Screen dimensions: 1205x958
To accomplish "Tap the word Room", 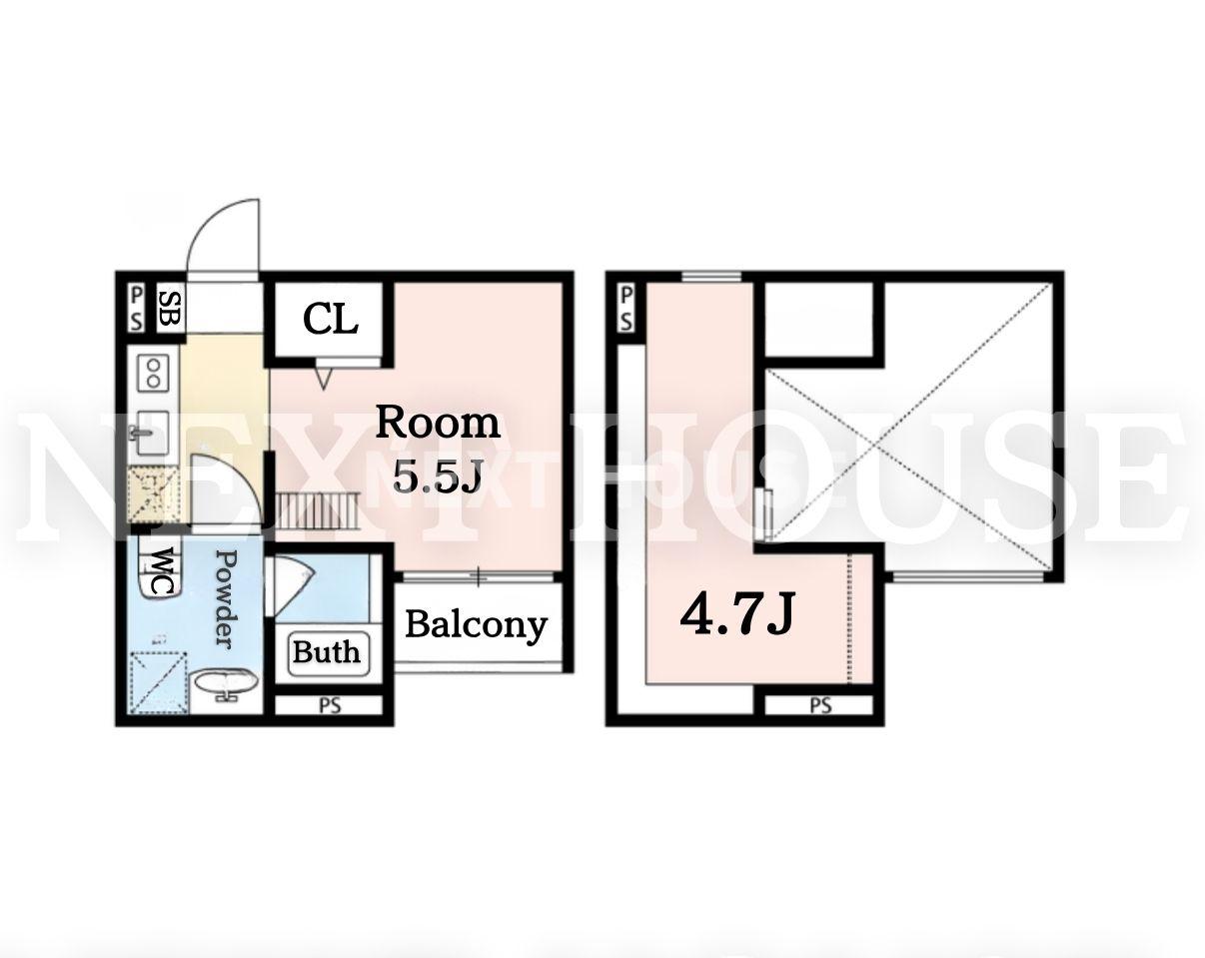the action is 438,423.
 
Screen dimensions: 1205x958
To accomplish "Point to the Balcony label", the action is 476,625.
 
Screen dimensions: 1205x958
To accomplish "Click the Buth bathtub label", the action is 326,652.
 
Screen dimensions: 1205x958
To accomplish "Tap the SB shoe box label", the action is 169,309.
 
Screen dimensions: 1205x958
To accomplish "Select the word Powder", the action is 226,599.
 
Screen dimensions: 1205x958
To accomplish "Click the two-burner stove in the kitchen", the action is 153,374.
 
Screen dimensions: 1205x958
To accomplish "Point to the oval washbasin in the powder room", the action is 226,684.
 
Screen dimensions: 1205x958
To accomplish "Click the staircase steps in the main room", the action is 318,510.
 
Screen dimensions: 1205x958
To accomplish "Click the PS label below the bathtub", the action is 331,706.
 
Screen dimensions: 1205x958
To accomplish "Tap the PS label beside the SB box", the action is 137,309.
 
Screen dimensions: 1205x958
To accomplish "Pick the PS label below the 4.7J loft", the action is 820,706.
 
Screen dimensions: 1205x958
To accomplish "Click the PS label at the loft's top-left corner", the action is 626,309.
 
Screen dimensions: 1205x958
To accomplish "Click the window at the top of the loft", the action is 711,277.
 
